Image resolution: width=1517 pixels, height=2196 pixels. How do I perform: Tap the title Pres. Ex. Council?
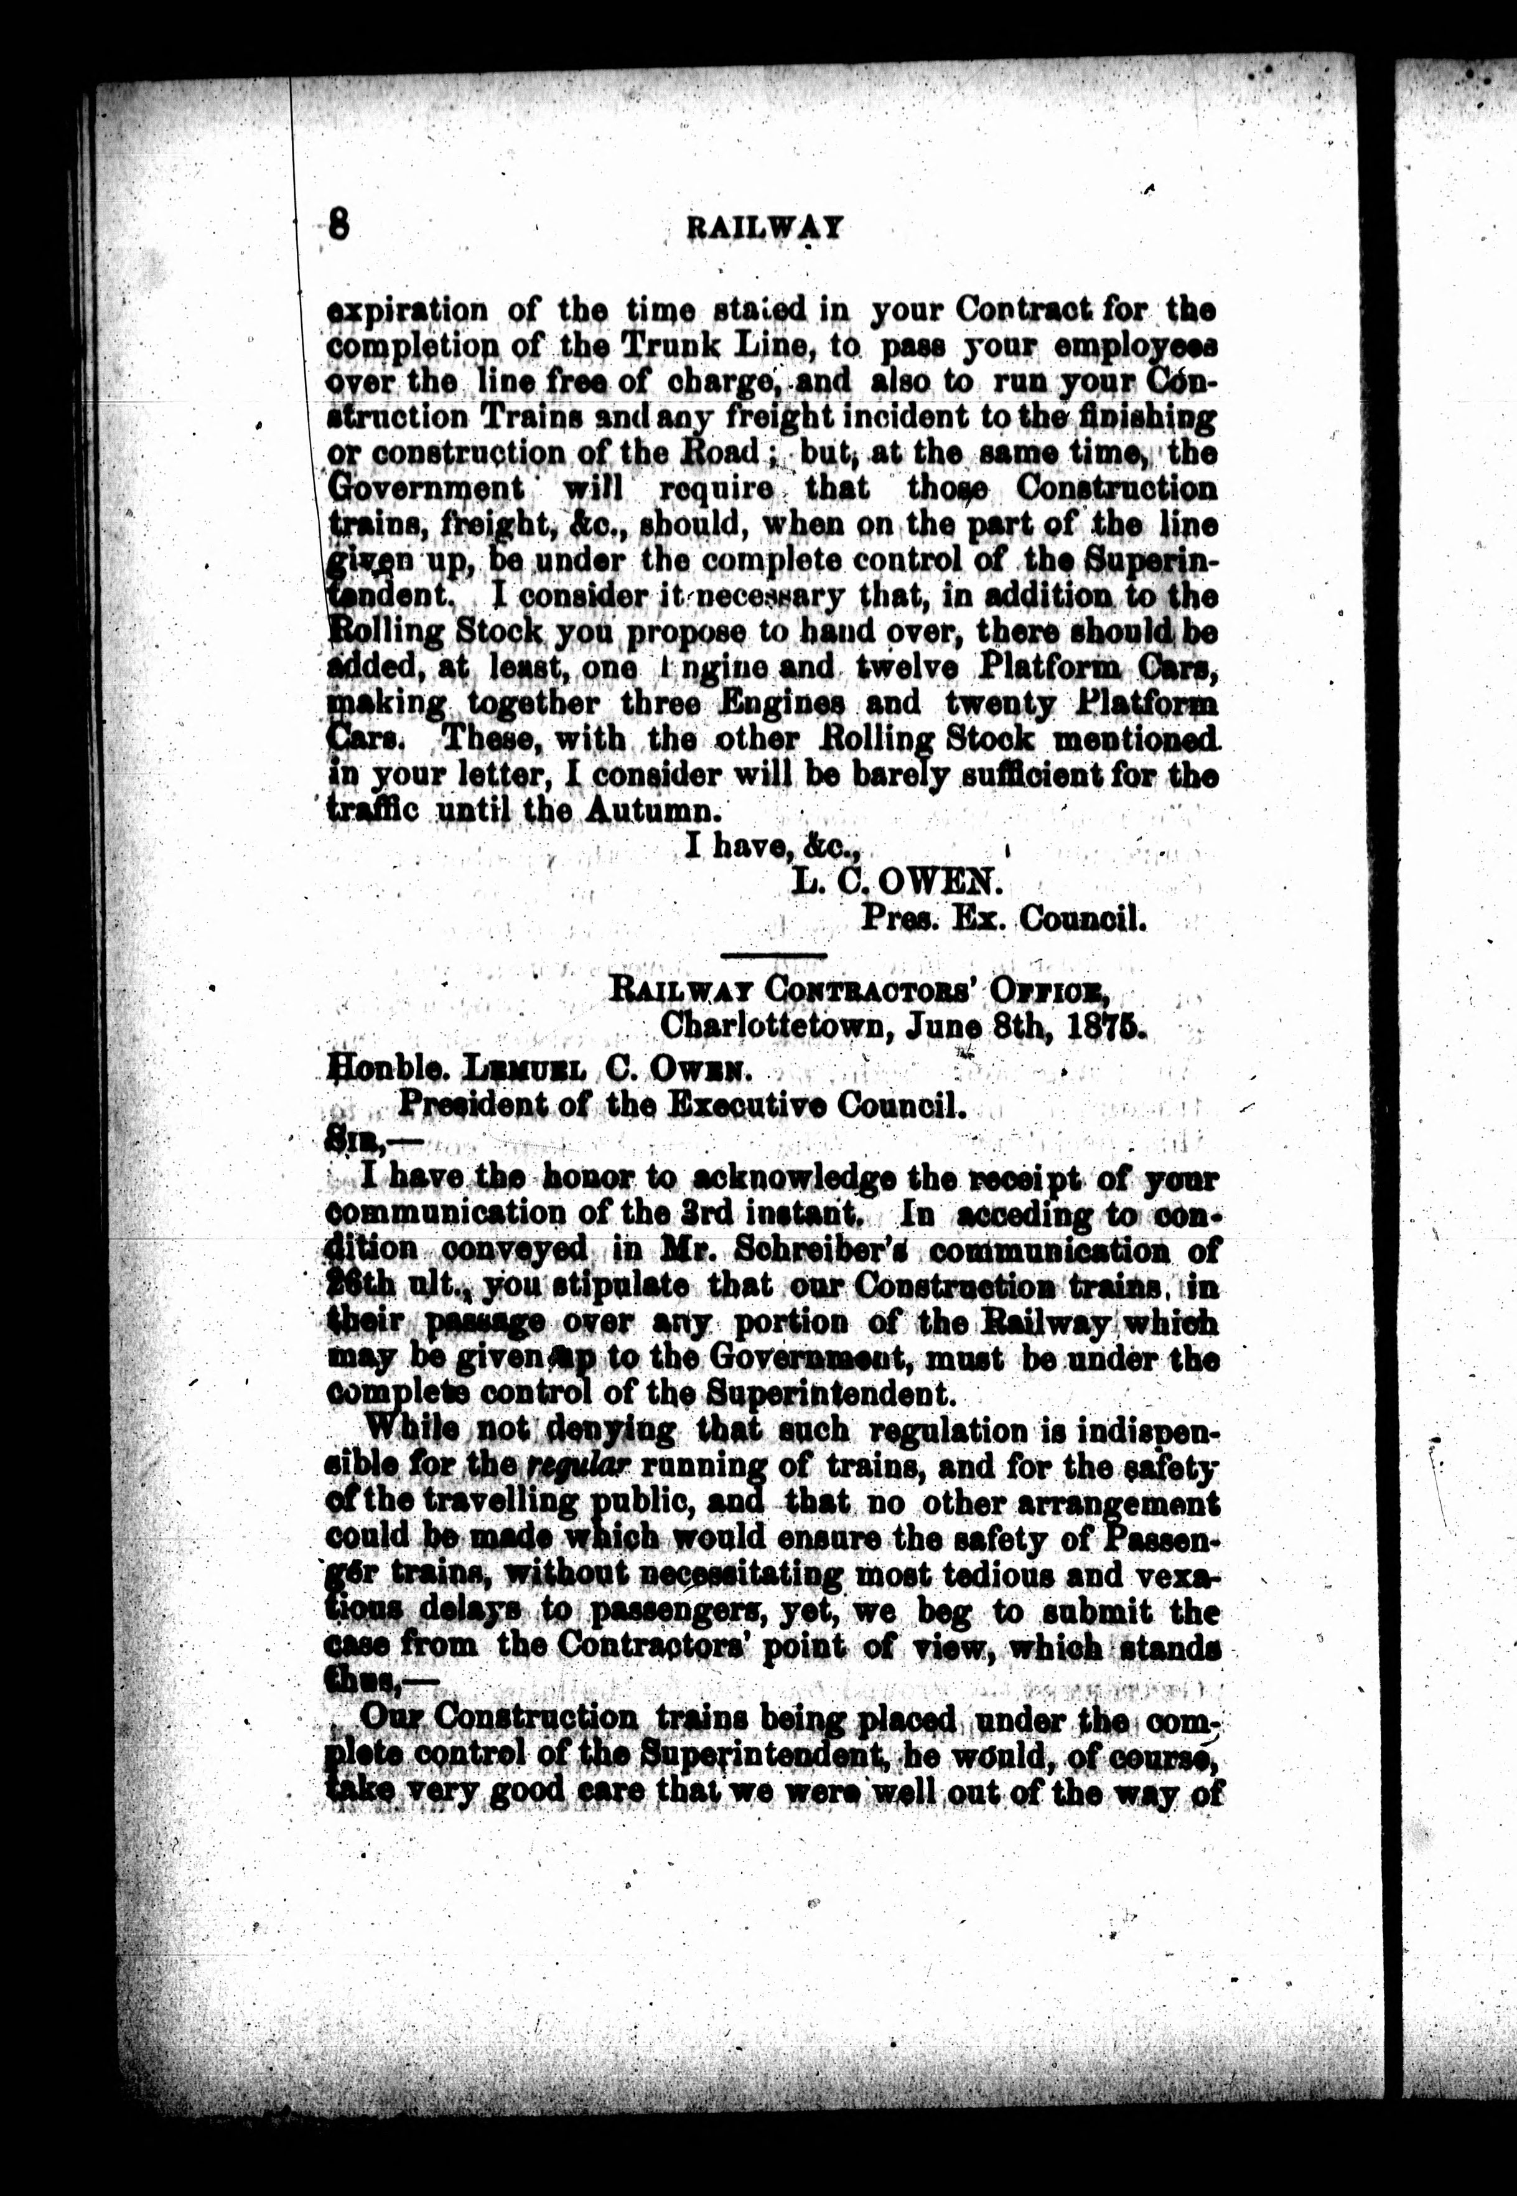[1003, 919]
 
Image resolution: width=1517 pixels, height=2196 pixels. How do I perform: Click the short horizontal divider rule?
[773, 954]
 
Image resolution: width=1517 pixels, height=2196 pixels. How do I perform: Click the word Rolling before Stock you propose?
[386, 631]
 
